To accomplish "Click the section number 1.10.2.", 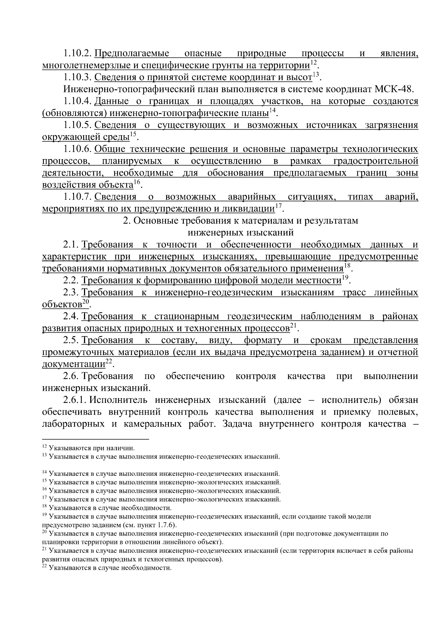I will point(77,54).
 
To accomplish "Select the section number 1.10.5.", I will point(77,125).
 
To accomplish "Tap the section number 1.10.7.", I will point(77,197).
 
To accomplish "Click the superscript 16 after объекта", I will point(137,182).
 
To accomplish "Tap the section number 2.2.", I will point(71,280).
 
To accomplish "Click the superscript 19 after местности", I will point(345,278).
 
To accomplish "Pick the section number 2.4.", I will point(71,316).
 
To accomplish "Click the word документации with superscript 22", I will point(74,365).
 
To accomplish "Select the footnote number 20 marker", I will point(45,532).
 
